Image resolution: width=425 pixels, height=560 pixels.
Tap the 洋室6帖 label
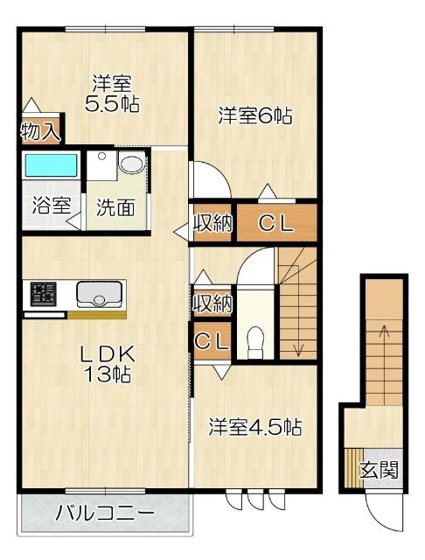coord(254,115)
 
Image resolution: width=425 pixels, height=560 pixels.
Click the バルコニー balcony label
coord(106,514)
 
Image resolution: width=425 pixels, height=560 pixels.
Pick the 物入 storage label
coord(40,132)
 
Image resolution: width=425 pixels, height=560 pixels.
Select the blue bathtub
coord(51,164)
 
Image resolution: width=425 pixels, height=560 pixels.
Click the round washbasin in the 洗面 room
coord(131,164)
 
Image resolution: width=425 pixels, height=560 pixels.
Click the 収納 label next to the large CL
coord(212,223)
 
